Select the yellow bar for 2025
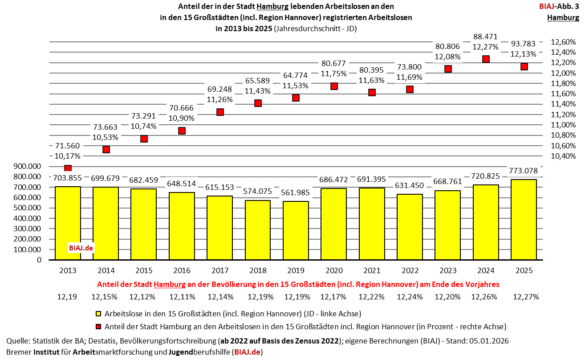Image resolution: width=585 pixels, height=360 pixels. (x=524, y=219)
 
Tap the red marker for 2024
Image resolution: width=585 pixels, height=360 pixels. (x=486, y=59)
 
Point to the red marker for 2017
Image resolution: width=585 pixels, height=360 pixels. (x=220, y=112)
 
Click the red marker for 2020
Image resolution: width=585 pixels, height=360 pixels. (x=334, y=86)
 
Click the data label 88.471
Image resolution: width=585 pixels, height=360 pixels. (x=486, y=36)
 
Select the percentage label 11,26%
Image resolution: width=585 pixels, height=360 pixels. (x=220, y=99)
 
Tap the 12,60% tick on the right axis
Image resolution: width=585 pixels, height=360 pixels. (x=563, y=42)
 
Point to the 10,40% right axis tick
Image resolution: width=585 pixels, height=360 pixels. (x=563, y=156)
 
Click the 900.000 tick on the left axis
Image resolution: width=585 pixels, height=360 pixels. (x=28, y=166)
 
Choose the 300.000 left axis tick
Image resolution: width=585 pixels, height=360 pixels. (x=28, y=229)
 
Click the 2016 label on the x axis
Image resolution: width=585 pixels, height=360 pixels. (x=182, y=270)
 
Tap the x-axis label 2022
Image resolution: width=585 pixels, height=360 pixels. (x=410, y=270)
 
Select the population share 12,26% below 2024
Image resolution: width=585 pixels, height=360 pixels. (x=486, y=297)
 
